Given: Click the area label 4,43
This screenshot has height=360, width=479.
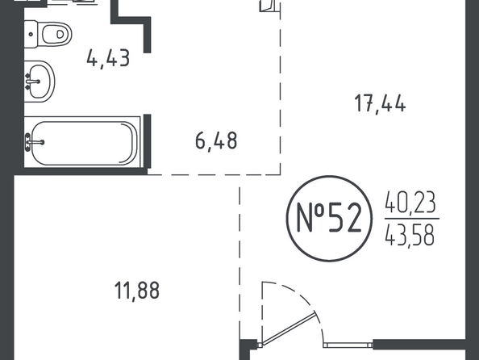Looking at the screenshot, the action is click(x=108, y=58).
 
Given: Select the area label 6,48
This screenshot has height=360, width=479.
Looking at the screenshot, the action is click(x=216, y=141).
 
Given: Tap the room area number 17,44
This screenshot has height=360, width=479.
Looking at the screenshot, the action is click(x=381, y=103).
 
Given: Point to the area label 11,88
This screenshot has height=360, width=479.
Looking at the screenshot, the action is click(x=137, y=291).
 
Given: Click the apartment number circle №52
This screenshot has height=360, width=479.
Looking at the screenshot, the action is click(x=329, y=219).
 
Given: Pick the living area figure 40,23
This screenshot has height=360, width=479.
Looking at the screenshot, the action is click(x=410, y=202).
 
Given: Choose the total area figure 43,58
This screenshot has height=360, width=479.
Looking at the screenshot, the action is click(x=410, y=235).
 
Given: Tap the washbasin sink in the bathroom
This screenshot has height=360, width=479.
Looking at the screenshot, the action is click(x=39, y=82).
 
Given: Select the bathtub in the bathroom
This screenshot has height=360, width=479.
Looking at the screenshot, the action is click(x=82, y=142).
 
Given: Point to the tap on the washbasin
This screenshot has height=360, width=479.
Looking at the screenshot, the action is click(x=32, y=82).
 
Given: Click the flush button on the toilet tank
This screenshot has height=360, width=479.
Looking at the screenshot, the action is click(x=31, y=34).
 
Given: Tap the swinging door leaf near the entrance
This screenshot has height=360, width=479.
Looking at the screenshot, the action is click(x=289, y=329).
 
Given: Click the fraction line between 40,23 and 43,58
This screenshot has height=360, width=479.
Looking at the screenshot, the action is click(x=412, y=219).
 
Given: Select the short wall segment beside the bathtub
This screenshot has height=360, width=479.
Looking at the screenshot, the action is click(x=148, y=141).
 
